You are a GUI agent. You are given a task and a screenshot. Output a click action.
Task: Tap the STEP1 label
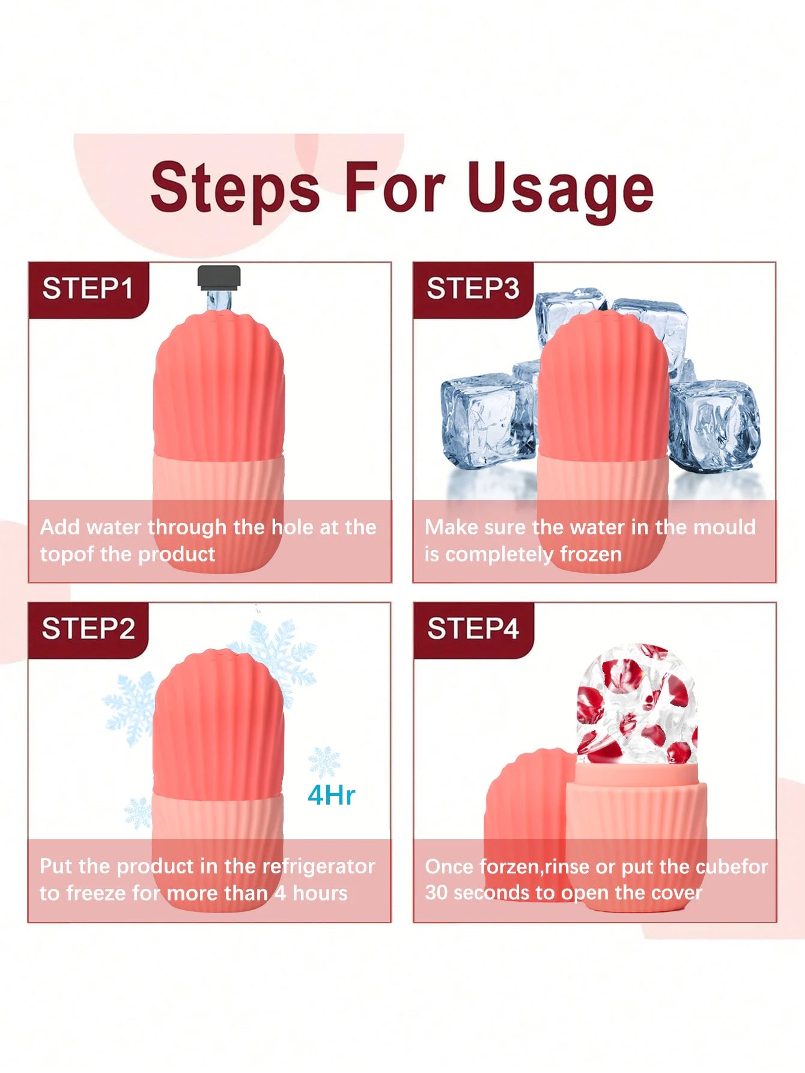tap(88, 289)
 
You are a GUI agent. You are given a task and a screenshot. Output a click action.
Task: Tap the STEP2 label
tap(88, 629)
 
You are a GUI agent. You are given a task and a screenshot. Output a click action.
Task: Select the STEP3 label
tap(473, 289)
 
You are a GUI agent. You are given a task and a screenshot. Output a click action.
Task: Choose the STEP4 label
tap(473, 629)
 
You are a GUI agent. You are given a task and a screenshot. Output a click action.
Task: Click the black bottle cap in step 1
tap(219, 277)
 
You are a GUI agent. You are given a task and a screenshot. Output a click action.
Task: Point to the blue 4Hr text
tap(331, 795)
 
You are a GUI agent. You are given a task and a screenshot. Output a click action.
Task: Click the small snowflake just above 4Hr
tap(324, 762)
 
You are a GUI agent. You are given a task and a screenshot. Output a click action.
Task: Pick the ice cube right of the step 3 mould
tap(715, 424)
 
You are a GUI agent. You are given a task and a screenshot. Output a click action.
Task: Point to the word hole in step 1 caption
tap(293, 527)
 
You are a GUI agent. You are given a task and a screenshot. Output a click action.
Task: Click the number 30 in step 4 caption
tap(436, 893)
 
